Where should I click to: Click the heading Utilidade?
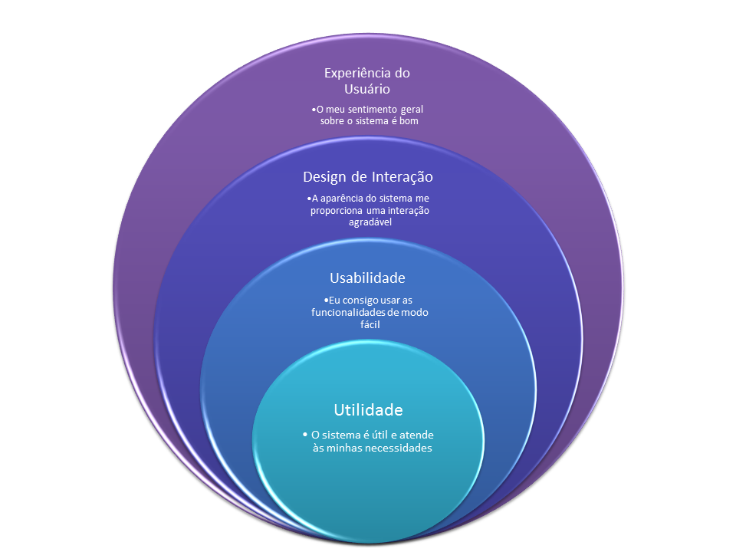coord(368,409)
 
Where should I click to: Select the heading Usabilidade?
coord(367,278)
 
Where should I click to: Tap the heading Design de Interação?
coord(368,177)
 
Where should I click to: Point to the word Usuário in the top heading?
coord(367,90)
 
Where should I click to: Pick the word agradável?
coord(368,222)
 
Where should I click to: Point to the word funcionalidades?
coord(352,312)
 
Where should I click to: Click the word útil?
coord(373,435)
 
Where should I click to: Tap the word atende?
coord(415,435)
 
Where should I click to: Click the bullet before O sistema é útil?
coord(305,435)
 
